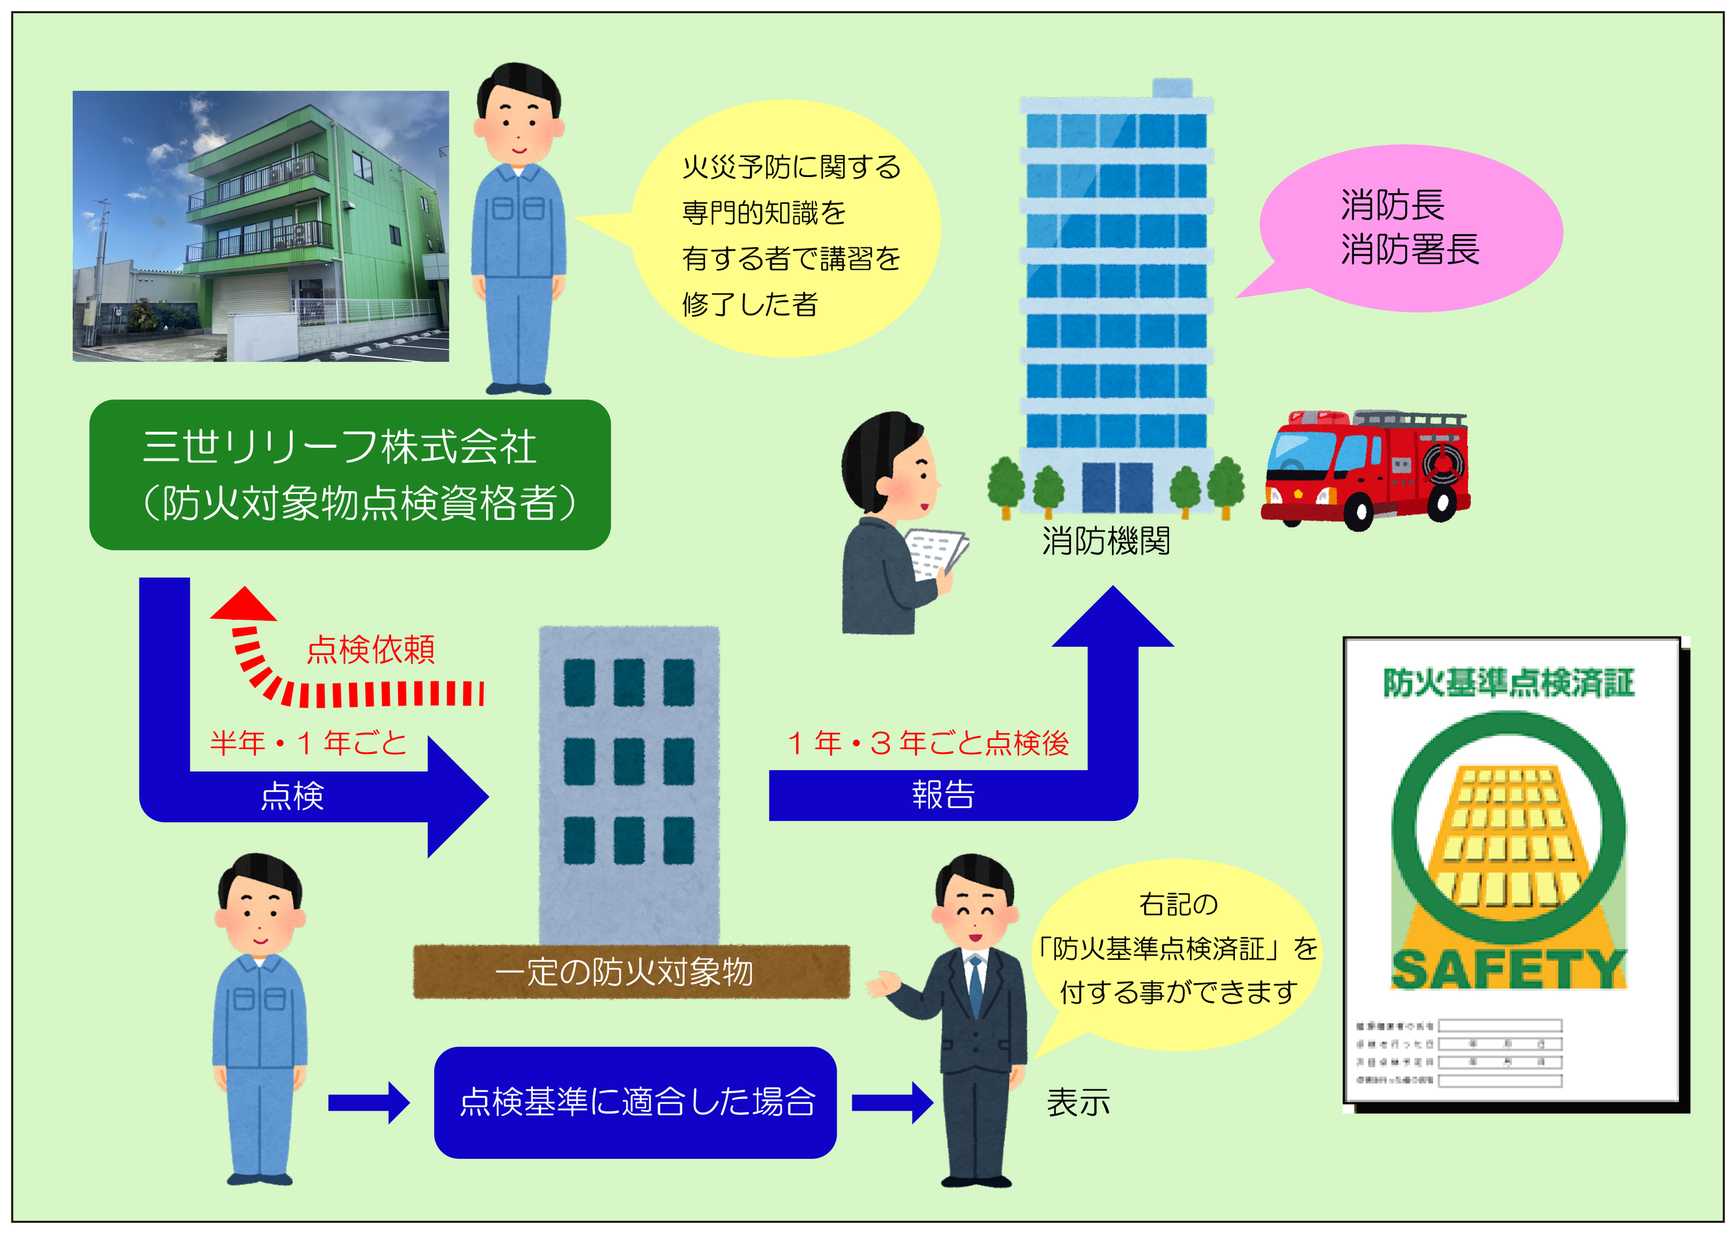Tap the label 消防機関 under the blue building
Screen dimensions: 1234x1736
[1105, 541]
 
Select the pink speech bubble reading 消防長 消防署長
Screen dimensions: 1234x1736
[1410, 228]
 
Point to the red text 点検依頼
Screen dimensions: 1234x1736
[371, 650]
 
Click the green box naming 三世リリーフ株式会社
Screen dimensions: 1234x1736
[350, 475]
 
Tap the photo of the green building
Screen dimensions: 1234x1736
[261, 226]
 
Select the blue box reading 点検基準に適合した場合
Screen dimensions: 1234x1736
[635, 1102]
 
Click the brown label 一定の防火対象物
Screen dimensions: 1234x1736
[631, 971]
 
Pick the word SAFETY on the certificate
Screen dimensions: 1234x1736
[1508, 969]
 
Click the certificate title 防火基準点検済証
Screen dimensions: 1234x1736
[1508, 682]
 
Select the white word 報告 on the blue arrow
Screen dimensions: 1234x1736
[943, 795]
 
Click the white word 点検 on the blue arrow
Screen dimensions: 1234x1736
[293, 796]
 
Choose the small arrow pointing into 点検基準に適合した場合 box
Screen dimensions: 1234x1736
[369, 1103]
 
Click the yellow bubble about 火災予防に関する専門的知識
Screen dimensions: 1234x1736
[786, 232]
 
